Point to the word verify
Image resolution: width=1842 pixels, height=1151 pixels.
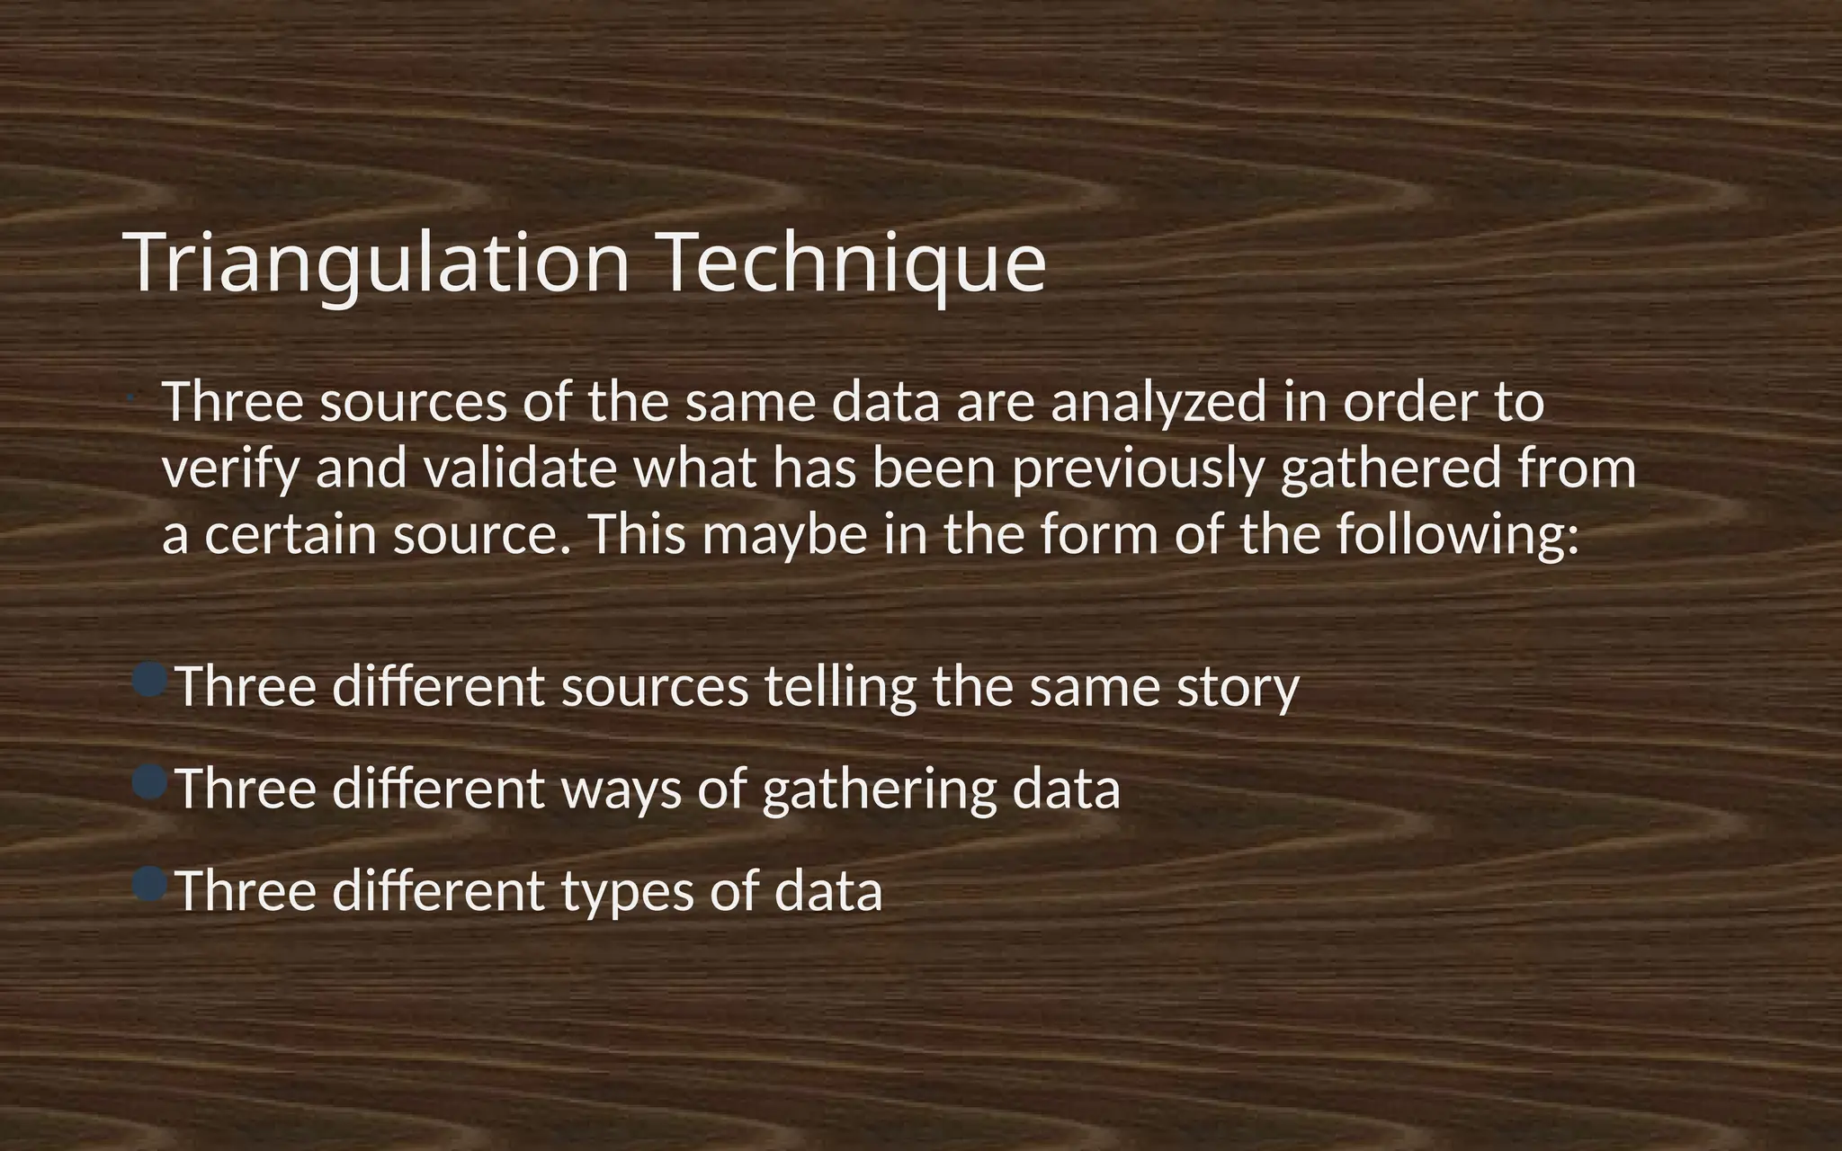[x=229, y=468]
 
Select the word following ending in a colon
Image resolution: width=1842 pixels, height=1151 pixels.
[x=1457, y=535]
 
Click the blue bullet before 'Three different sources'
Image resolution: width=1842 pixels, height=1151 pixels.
[x=149, y=680]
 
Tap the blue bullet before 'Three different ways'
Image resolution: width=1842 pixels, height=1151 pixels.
[x=149, y=782]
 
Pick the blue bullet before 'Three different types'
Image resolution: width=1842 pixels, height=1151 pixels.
[x=149, y=885]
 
